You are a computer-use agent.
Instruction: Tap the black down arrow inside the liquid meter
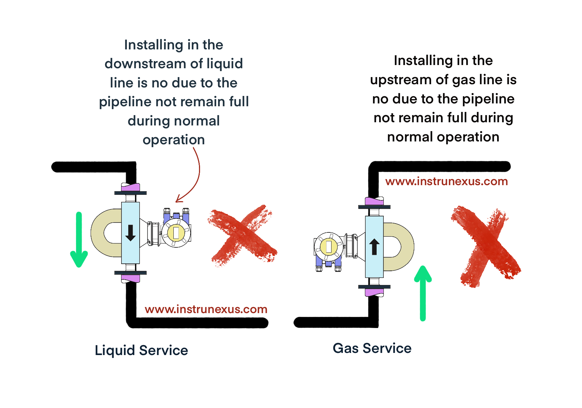(x=130, y=233)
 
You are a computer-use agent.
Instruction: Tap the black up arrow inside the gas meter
(x=374, y=247)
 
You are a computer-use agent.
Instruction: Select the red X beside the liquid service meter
(x=243, y=236)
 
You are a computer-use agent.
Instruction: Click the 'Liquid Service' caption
(x=141, y=350)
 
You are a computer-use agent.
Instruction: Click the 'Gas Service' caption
(x=372, y=348)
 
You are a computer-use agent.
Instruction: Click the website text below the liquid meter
(x=206, y=309)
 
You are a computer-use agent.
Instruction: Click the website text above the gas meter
(x=447, y=181)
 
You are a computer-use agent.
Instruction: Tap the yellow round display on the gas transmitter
(x=329, y=246)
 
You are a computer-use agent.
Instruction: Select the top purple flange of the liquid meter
(x=130, y=187)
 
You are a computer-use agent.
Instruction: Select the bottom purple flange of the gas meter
(x=374, y=292)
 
